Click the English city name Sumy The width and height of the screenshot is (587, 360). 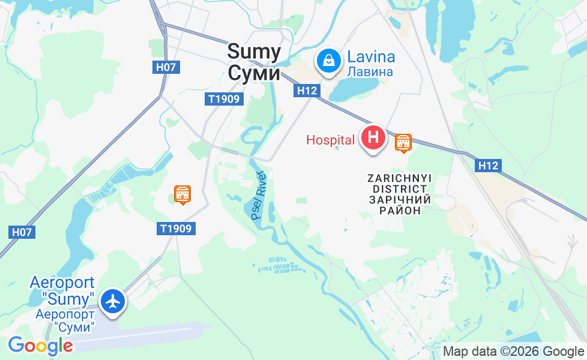254,52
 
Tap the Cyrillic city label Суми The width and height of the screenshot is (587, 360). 254,73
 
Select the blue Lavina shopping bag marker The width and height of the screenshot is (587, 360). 329,60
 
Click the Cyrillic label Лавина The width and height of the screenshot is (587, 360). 370,72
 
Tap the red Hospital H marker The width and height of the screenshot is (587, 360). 373,137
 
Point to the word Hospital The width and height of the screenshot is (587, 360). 330,140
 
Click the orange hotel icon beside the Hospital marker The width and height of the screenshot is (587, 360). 403,143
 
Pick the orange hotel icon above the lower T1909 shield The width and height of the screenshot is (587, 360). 182,194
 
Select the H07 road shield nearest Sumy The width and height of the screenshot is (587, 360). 166,67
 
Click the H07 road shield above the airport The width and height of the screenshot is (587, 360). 23,231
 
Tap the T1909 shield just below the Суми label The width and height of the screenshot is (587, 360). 225,100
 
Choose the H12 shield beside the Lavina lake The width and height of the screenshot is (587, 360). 306,91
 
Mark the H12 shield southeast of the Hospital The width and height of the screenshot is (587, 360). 489,166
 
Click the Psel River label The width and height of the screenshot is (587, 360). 259,195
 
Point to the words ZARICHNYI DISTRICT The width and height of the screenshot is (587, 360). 399,184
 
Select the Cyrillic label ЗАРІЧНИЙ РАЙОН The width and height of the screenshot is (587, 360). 399,205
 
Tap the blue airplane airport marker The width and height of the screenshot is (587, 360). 113,301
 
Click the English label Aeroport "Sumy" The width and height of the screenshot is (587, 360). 62,290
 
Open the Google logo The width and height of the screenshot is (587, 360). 40,346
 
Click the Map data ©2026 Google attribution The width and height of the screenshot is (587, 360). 513,352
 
